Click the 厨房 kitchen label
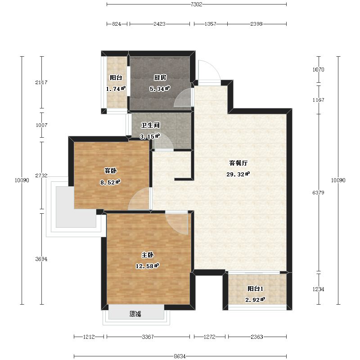point(160,77)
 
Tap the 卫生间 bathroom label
point(150,125)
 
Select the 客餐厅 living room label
point(238,163)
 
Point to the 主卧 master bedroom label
point(148,255)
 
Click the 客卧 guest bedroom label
point(110,171)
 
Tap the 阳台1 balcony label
point(255,288)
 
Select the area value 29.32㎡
point(238,174)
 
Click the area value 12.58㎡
point(147,266)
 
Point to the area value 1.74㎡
point(116,89)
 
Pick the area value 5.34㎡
point(160,89)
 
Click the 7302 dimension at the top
point(196,4)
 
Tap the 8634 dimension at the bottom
point(180,356)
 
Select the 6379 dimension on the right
point(318,193)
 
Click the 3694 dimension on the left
point(41,259)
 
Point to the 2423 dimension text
point(159,24)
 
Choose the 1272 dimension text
point(209,337)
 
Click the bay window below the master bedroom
point(136,315)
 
